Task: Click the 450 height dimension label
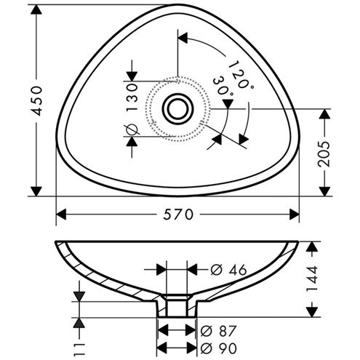click(37, 100)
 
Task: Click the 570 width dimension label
click(178, 215)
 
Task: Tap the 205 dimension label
click(324, 153)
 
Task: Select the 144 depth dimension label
click(312, 279)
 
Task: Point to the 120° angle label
click(241, 75)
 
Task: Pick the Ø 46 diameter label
click(228, 270)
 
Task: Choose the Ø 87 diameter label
click(218, 331)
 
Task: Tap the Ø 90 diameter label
click(218, 348)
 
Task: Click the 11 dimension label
click(79, 349)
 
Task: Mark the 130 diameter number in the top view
click(132, 97)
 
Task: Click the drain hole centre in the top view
click(177, 109)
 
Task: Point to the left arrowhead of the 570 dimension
click(61, 215)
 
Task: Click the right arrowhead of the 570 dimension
click(295, 215)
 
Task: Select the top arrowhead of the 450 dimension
click(36, 9)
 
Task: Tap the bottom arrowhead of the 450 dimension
click(36, 191)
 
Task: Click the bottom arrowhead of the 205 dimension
click(324, 191)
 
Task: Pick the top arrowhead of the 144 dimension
click(312, 247)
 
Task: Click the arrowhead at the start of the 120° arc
click(183, 38)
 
